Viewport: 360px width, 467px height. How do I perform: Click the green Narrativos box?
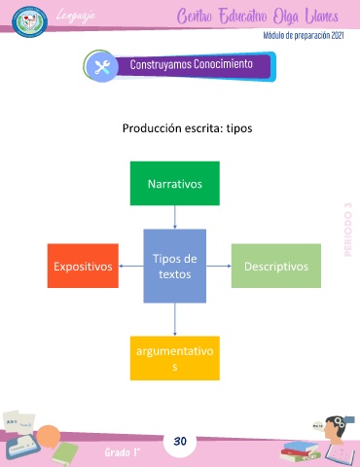pyautogui.click(x=175, y=183)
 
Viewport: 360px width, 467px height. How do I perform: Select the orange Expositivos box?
pyautogui.click(x=83, y=266)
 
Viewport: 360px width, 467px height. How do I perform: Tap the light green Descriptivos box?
pyautogui.click(x=276, y=266)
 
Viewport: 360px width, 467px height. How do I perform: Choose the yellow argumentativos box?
pyautogui.click(x=175, y=358)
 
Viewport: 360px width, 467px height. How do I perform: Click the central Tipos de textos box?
pyautogui.click(x=175, y=266)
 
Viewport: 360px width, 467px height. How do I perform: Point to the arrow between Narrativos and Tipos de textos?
pyautogui.click(x=175, y=217)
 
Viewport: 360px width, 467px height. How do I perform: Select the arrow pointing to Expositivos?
pyautogui.click(x=131, y=266)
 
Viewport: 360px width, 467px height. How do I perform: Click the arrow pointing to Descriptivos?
pyautogui.click(x=219, y=266)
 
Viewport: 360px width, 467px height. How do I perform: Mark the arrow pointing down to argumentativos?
pyautogui.click(x=175, y=319)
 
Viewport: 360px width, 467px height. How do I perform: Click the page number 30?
pyautogui.click(x=180, y=441)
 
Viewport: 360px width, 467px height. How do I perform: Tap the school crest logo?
pyautogui.click(x=30, y=21)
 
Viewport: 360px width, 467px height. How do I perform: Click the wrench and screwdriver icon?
pyautogui.click(x=102, y=67)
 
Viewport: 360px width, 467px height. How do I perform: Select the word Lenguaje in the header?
pyautogui.click(x=76, y=16)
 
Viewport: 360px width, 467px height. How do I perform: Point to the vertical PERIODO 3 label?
pyautogui.click(x=348, y=230)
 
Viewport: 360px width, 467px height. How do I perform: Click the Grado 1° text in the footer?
pyautogui.click(x=123, y=452)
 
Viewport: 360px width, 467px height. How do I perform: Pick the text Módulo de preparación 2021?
pyautogui.click(x=304, y=35)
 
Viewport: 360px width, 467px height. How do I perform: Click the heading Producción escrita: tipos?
pyautogui.click(x=187, y=128)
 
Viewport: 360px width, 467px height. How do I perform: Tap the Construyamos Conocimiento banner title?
pyautogui.click(x=192, y=64)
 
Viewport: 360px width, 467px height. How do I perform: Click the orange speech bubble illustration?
pyautogui.click(x=48, y=436)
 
